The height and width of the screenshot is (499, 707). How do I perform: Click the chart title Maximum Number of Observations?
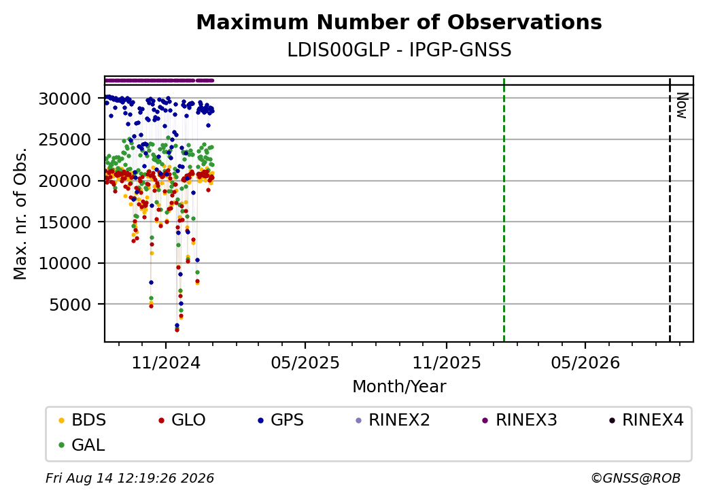click(399, 22)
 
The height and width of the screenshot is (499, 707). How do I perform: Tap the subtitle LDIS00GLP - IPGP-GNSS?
click(399, 50)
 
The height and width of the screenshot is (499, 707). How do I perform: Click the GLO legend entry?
click(182, 420)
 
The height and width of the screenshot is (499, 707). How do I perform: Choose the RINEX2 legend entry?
click(393, 420)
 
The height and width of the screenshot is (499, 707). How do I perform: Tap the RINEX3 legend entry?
click(520, 420)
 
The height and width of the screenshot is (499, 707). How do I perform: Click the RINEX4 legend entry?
click(646, 420)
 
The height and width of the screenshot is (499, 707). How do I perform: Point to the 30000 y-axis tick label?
click(65, 99)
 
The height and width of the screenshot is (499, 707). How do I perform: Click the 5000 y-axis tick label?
click(70, 305)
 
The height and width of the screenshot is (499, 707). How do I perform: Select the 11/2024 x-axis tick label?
click(165, 363)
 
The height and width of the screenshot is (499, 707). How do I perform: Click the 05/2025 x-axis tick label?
click(305, 363)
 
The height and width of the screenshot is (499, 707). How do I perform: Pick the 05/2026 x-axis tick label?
click(585, 363)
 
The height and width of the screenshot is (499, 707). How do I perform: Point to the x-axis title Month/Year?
click(399, 387)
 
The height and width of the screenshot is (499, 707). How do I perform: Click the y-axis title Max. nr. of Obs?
click(20, 213)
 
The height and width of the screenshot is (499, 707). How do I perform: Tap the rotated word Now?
click(683, 105)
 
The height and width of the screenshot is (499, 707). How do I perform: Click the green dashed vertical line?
click(504, 209)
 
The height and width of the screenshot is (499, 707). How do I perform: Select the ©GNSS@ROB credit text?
click(636, 478)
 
